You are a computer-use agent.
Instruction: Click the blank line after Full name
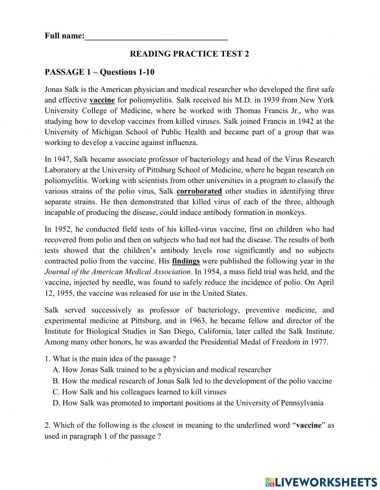pyautogui.click(x=156, y=37)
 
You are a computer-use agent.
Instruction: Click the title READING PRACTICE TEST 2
pyautogui.click(x=189, y=54)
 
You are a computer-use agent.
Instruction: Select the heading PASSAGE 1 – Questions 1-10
pyautogui.click(x=99, y=72)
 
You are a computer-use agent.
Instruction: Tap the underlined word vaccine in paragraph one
pyautogui.click(x=102, y=100)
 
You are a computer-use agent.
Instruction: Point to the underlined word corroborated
pyautogui.click(x=199, y=191)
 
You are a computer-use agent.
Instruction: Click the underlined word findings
pyautogui.click(x=186, y=261)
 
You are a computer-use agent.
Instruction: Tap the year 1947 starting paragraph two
pyautogui.click(x=60, y=159)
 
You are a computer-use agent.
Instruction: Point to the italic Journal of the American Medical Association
pyautogui.click(x=117, y=272)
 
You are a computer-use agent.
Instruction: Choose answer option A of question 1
pyautogui.click(x=162, y=369)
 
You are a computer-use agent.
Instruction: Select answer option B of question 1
pyautogui.click(x=192, y=381)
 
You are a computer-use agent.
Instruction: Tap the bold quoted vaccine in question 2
pyautogui.click(x=309, y=425)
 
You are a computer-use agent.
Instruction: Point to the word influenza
pyautogui.click(x=179, y=143)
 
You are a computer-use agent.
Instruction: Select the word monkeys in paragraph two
pyautogui.click(x=292, y=213)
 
